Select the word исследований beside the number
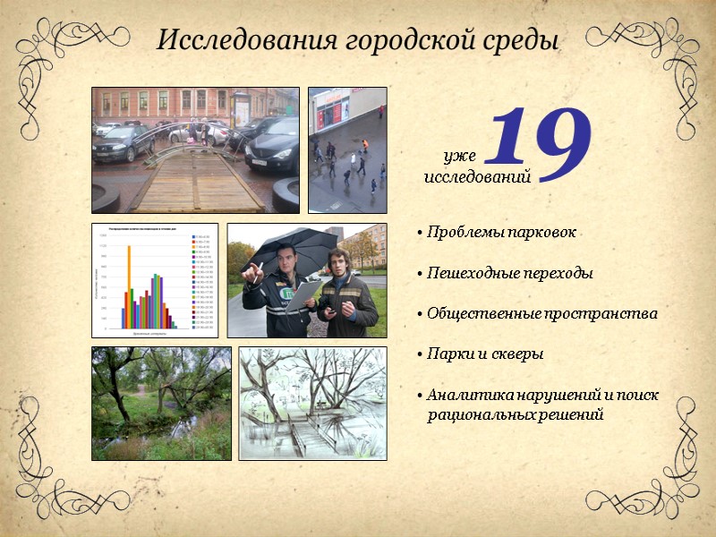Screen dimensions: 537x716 click(477, 176)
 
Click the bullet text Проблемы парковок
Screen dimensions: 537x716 click(501, 233)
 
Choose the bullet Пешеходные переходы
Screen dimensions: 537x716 click(509, 273)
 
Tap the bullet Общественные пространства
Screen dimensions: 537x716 click(541, 314)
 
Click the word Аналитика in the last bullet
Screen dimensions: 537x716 click(465, 395)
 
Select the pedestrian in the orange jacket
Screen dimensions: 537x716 click(364, 144)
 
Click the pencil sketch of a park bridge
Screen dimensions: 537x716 click(312, 403)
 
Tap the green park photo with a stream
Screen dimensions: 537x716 click(161, 403)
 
